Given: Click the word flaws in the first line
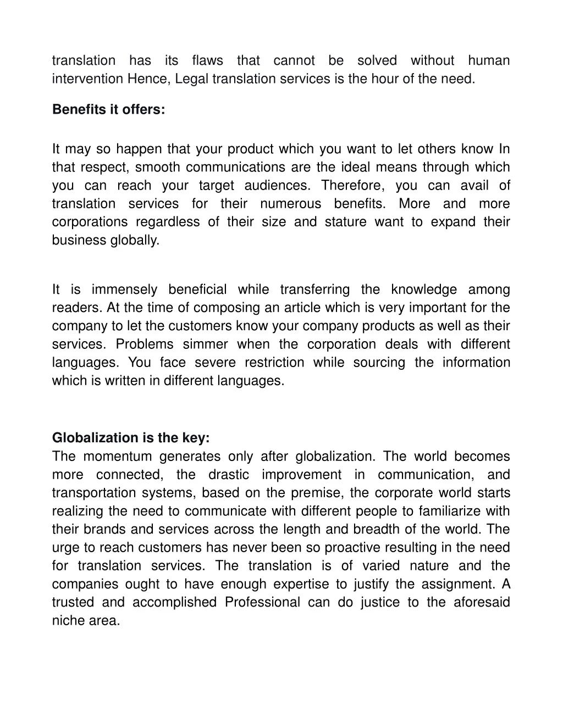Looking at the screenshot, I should pos(207,60).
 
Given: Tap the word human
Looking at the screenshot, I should pos(489,60).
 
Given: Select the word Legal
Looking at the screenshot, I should pos(192,79).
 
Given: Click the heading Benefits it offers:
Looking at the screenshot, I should pos(108,109).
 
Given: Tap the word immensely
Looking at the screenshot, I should pos(124,290).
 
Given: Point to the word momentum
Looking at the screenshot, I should pos(117,457).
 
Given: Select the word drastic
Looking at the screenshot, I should pos(228,475).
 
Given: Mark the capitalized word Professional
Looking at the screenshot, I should pos(262,602).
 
